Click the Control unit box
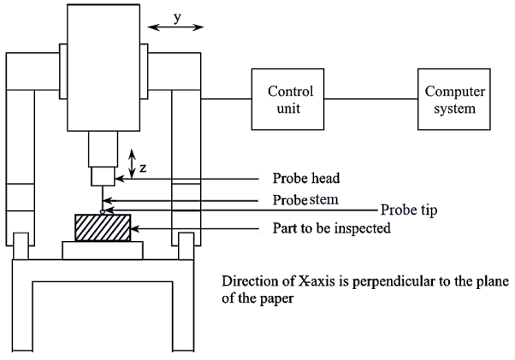point(290,99)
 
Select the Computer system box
point(454,99)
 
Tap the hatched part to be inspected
point(102,228)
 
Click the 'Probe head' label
point(306,179)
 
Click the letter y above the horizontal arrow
point(177,17)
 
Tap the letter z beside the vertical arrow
point(143,168)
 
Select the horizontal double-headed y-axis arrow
point(176,29)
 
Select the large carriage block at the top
point(102,66)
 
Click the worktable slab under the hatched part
point(102,249)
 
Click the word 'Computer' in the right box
point(454,91)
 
